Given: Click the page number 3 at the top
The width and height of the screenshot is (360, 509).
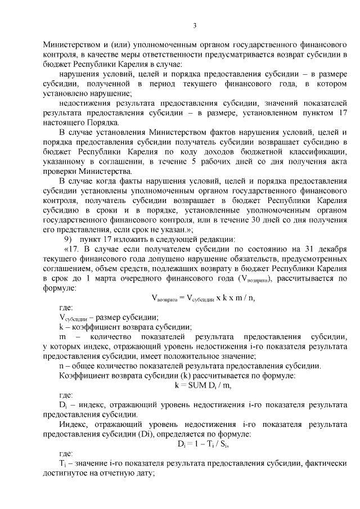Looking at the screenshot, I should (x=195, y=25).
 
